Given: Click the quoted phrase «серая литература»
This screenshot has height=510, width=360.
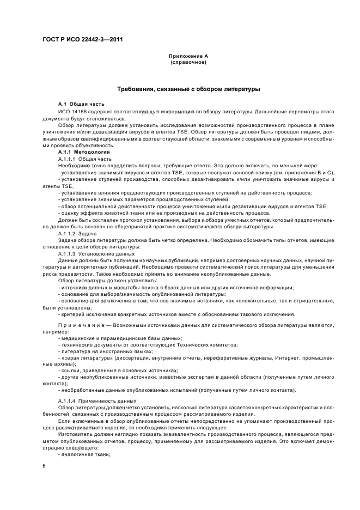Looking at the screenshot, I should click(83, 359).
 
